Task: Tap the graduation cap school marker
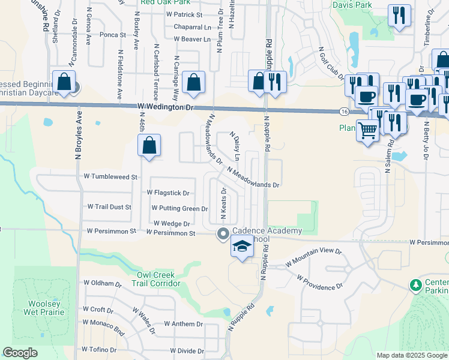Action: [243, 247]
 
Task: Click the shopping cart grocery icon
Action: [368, 130]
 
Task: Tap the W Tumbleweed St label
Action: [111, 177]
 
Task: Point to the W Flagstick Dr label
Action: [168, 193]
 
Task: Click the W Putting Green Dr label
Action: [179, 209]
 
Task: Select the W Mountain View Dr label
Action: [313, 257]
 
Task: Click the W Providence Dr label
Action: [320, 283]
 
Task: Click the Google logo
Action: [20, 353]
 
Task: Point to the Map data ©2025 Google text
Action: [411, 355]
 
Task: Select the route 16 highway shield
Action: [343, 112]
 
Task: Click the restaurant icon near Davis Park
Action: [399, 16]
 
